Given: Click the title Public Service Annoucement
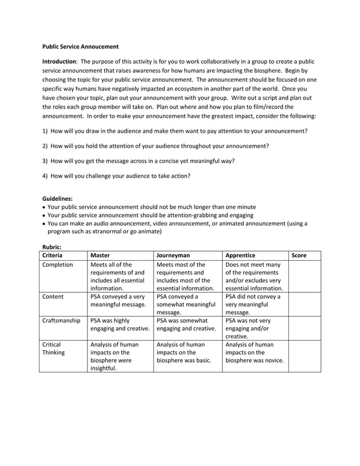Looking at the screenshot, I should coord(81,46).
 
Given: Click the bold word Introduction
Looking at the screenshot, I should coord(59,61).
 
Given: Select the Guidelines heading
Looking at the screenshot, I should coord(58,198).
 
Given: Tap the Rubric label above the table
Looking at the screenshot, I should coord(52,247).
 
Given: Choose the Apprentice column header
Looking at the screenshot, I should coord(240,256).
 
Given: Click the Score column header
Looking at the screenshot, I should coord(298,256).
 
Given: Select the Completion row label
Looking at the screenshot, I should coord(58,265).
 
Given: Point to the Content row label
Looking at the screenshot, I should coord(53,296).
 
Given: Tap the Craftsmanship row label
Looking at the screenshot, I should coord(62,320).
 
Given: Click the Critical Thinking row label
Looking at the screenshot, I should coord(53,348).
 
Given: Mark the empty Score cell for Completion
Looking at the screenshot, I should coord(304,276).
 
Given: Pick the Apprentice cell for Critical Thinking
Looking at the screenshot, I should coord(254,353).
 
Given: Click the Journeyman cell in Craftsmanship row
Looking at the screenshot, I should coord(186,324).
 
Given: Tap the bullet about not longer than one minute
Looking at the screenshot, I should coord(151,206).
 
